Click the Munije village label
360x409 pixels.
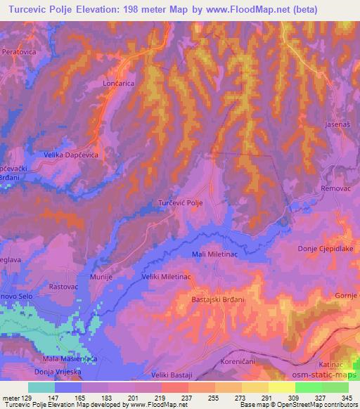coord(101,278)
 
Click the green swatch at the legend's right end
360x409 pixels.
coord(335,387)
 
